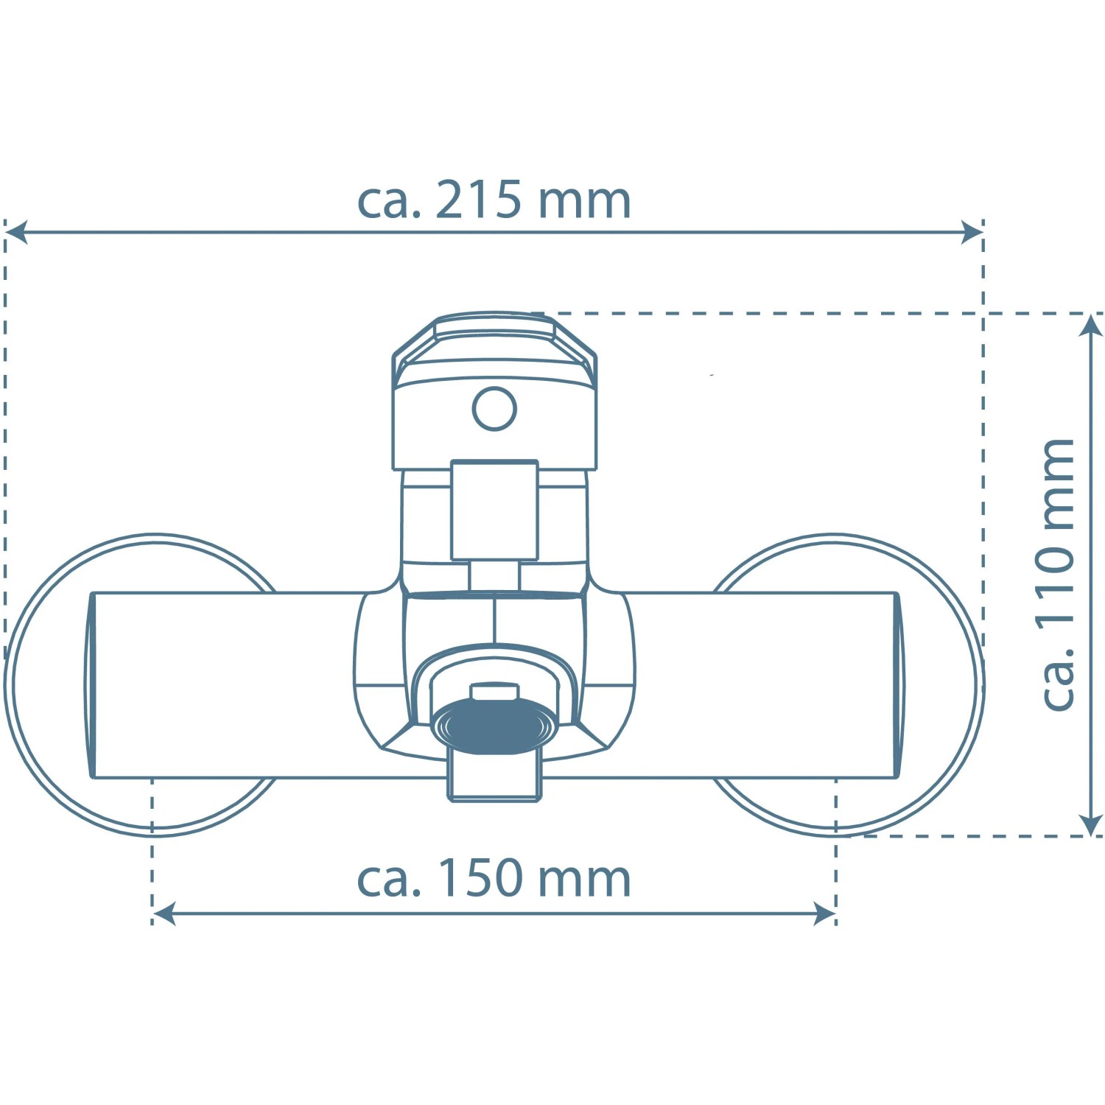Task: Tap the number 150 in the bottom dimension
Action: tap(481, 878)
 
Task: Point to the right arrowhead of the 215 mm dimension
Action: tap(972, 232)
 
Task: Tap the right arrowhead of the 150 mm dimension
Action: tap(825, 914)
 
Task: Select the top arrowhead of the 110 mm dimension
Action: tap(1090, 325)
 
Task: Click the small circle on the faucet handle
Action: tap(494, 409)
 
